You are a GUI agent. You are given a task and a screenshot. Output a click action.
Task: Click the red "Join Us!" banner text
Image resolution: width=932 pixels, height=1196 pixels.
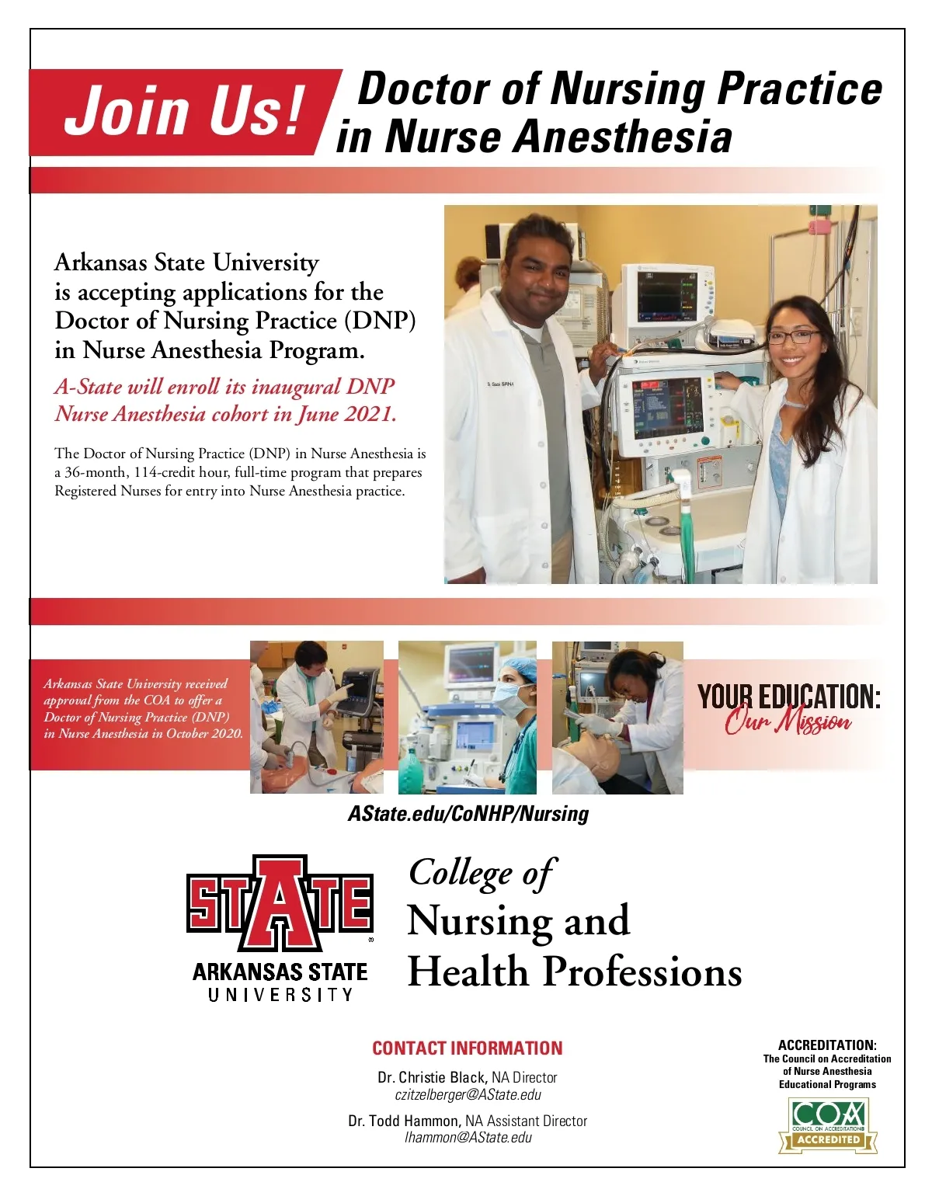coord(184,110)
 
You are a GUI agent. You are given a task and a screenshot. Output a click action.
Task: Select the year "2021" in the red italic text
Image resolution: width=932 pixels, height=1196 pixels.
coord(370,414)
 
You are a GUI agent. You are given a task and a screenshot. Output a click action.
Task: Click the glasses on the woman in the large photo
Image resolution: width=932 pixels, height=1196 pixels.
coord(793,337)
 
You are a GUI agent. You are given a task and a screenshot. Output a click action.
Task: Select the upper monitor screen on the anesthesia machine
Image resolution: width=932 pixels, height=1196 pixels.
coord(665,296)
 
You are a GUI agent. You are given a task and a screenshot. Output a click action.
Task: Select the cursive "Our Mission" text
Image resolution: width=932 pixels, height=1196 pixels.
coord(788,722)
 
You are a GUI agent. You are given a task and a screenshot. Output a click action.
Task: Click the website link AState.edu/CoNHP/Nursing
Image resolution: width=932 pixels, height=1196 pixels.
coord(468,813)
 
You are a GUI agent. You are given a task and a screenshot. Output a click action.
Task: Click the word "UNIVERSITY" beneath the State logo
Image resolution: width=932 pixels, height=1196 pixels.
coord(280,994)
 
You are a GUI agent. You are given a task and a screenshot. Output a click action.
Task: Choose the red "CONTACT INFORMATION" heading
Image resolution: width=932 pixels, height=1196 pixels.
coord(467,1048)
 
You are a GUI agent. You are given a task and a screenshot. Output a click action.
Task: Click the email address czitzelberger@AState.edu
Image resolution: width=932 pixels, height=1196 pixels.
coord(468,1095)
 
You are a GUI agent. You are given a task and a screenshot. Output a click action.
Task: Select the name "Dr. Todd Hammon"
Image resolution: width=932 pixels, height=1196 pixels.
coord(404,1121)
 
